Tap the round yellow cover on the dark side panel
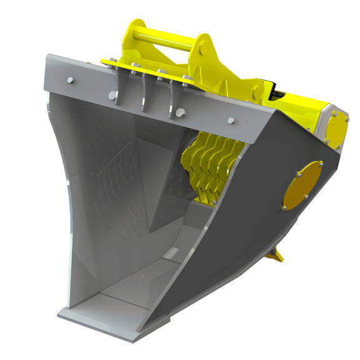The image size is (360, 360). [302, 186]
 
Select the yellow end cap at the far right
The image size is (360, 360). [338, 128]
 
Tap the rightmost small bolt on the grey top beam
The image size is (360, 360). [231, 121]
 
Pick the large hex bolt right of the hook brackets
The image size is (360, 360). [181, 113]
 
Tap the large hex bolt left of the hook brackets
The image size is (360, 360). [112, 96]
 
